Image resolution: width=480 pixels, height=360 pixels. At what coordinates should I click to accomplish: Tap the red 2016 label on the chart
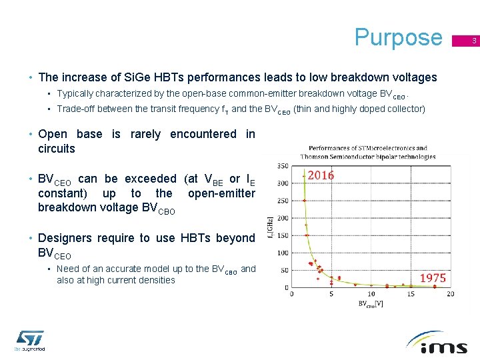pyautogui.click(x=321, y=175)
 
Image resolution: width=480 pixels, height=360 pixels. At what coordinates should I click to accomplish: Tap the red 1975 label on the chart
pyautogui.click(x=433, y=277)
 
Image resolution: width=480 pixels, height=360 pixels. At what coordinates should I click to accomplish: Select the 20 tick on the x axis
pyautogui.click(x=451, y=294)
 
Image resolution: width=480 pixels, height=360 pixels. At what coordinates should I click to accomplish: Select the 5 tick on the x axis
pyautogui.click(x=331, y=294)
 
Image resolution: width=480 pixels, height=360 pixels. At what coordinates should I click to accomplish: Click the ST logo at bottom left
pyautogui.click(x=29, y=339)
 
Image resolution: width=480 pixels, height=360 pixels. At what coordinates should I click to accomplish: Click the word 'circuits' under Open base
pyautogui.click(x=57, y=149)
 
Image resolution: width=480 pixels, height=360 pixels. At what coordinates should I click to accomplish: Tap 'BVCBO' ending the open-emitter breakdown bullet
pyautogui.click(x=158, y=209)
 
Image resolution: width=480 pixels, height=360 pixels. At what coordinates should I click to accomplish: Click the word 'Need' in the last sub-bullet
pyautogui.click(x=69, y=269)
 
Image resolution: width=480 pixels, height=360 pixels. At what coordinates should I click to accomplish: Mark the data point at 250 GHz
pyautogui.click(x=305, y=200)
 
